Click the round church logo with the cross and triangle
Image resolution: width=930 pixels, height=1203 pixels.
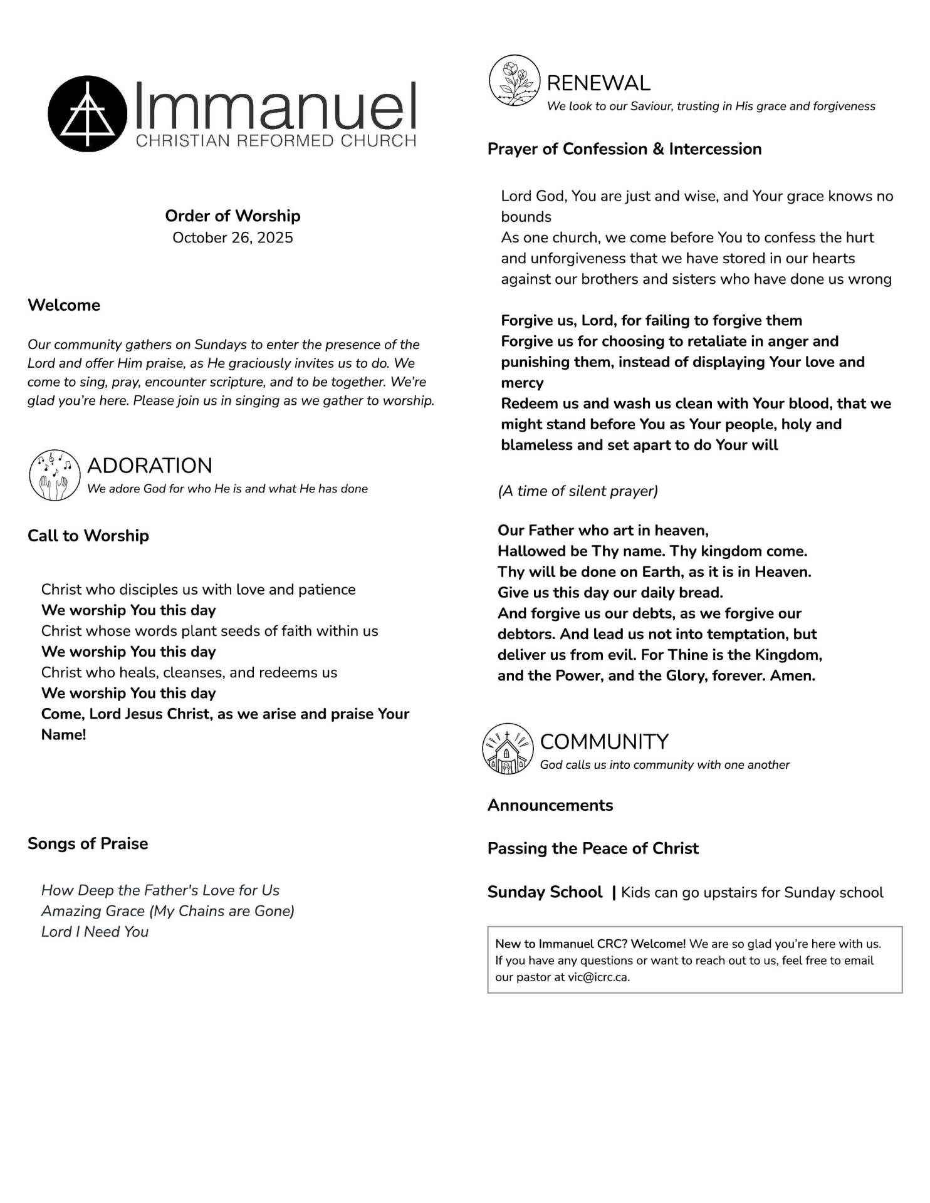click(87, 113)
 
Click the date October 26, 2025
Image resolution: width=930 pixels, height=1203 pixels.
click(232, 237)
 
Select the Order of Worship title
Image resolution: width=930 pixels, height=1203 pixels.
click(232, 216)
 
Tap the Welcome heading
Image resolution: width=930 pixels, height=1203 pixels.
click(64, 305)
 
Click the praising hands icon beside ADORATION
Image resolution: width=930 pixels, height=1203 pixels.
click(55, 475)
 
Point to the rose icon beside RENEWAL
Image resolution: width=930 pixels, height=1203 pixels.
click(514, 80)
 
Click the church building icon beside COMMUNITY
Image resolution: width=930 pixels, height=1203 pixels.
click(508, 749)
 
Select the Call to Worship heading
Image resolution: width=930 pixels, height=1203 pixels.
click(88, 536)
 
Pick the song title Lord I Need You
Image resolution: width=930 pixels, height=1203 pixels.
click(95, 932)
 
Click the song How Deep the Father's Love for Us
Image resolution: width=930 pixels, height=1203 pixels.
click(160, 890)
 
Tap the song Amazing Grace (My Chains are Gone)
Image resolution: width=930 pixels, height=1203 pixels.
click(168, 911)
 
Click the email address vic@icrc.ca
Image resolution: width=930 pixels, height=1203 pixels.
click(598, 977)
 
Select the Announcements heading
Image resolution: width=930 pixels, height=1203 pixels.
click(550, 805)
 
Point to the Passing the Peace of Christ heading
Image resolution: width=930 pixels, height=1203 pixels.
click(593, 848)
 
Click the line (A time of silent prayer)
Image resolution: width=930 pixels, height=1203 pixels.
click(578, 491)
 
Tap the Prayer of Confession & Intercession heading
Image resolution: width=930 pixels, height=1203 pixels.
click(624, 149)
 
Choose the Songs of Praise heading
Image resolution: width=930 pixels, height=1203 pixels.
click(88, 843)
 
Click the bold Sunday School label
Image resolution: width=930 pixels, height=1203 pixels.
click(545, 892)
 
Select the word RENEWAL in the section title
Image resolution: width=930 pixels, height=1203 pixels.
click(598, 83)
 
